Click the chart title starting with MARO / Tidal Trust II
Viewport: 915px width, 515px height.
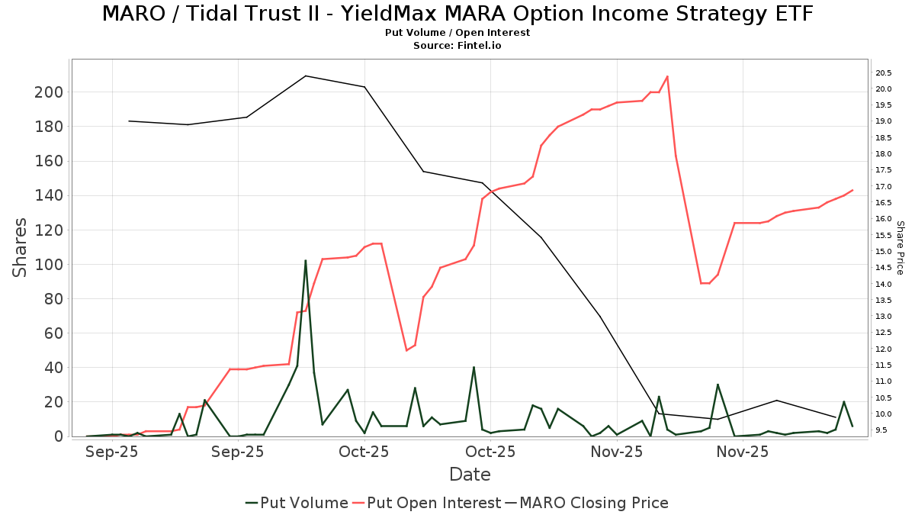pos(457,14)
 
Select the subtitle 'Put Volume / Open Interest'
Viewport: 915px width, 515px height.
pos(457,33)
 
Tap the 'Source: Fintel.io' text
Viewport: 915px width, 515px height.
pos(457,46)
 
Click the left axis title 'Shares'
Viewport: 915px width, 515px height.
pos(20,247)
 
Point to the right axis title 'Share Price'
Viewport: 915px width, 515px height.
pos(900,247)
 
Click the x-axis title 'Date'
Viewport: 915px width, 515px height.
pos(470,475)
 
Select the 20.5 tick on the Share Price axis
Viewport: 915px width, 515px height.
pos(884,73)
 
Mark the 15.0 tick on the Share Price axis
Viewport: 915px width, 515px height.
pos(884,252)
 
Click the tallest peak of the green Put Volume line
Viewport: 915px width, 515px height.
pos(306,260)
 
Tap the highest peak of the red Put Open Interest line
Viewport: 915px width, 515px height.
pos(667,76)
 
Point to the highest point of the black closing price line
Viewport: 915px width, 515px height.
pos(306,76)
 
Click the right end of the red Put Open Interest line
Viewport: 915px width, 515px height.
pos(852,190)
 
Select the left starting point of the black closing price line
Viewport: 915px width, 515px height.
pos(129,121)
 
